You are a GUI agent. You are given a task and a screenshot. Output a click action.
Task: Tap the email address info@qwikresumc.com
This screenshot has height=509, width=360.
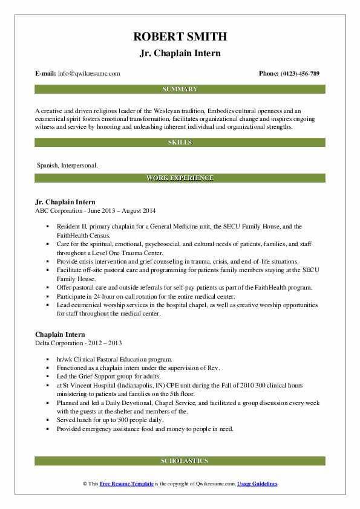pos(89,74)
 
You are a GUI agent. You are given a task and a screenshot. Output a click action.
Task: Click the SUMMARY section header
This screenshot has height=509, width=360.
pos(180,89)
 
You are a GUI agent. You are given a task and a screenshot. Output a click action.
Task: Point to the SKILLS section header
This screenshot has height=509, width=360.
pos(180,143)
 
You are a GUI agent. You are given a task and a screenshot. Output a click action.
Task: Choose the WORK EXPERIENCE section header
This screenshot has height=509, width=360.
pos(180,178)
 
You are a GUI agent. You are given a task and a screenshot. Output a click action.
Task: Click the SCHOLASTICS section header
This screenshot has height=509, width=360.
pos(180,461)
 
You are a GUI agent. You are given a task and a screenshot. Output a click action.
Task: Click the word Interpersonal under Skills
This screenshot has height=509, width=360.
pos(79,164)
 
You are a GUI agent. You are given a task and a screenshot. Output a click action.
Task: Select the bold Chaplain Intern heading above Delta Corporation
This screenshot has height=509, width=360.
pos(59,334)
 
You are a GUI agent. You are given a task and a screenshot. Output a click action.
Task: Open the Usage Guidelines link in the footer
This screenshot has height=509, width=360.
pos(257,484)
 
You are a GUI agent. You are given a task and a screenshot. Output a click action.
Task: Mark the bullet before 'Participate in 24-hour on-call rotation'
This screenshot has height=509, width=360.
pos(47,297)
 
